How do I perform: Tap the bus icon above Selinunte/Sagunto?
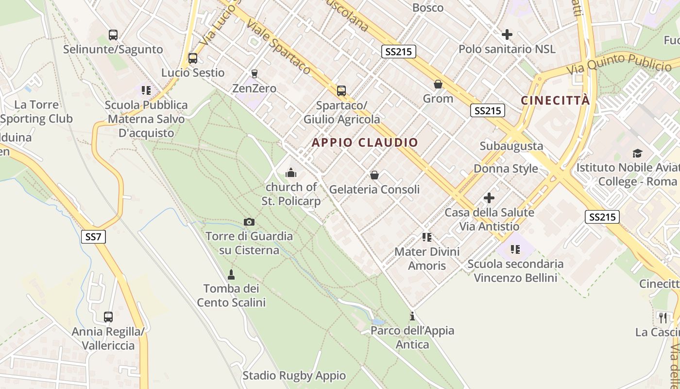[113, 35]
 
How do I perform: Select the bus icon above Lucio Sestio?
[193, 58]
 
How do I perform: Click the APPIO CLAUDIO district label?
[365, 142]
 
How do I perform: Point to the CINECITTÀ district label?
[555, 101]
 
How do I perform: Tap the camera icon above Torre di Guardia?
[249, 222]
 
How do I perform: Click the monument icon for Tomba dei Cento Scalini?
[231, 274]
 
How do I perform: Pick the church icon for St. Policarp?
[291, 173]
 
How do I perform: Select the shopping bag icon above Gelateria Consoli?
[374, 175]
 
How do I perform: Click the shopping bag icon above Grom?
[438, 85]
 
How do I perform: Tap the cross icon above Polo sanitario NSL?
[507, 35]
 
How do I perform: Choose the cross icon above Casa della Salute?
[489, 198]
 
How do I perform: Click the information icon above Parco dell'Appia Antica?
[412, 317]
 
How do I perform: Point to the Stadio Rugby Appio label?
[294, 375]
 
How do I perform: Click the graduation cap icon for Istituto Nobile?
[637, 154]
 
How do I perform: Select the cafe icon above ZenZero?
[254, 74]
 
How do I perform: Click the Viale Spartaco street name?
[278, 47]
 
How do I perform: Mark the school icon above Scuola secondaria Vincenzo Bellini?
[515, 249]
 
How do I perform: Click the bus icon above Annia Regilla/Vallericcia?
[108, 317]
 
